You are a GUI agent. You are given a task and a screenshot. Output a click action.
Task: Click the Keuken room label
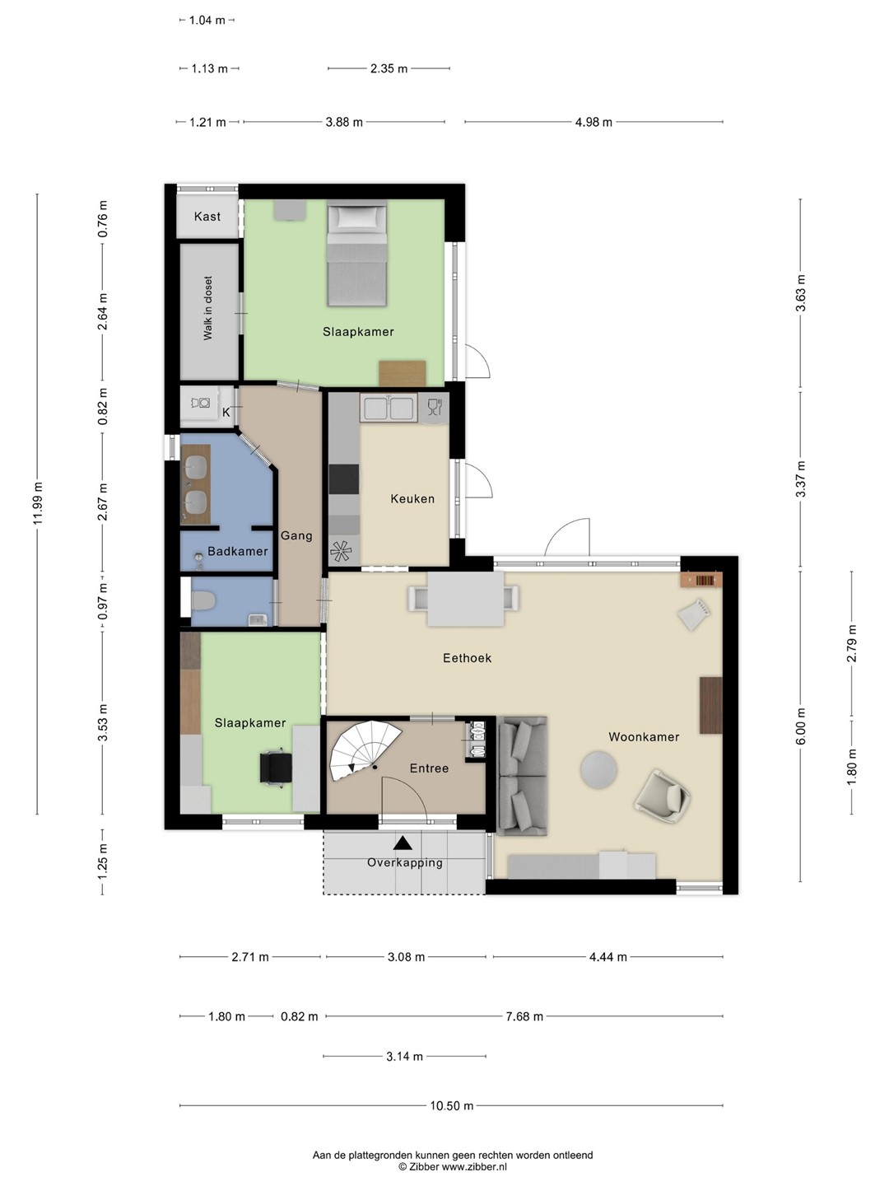point(412,499)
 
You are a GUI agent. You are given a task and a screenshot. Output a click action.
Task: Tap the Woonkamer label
point(644,737)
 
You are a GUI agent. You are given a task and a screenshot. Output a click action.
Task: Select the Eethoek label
point(467,658)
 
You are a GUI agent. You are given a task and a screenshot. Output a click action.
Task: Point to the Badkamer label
point(238,551)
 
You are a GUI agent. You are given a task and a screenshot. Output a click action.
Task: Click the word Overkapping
point(405,863)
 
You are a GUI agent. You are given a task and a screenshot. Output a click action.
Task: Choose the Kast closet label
point(207,217)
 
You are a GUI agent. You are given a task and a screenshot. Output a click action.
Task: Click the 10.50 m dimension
point(451,1106)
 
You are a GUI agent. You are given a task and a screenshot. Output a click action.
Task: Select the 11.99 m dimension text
point(37,503)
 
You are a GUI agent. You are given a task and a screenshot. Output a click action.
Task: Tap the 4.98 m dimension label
point(593,122)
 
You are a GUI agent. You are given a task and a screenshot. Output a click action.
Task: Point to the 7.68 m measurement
point(524,1016)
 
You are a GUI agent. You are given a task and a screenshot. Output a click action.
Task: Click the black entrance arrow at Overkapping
point(403,843)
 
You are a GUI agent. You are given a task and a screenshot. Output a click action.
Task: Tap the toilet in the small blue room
point(203,600)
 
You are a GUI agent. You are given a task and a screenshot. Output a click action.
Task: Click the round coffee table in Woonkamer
point(598,770)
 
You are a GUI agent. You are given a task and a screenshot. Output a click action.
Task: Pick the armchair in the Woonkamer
point(663,797)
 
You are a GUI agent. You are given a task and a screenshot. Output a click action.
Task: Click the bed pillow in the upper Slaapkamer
point(356,217)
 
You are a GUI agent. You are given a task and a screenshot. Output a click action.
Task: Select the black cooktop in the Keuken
point(344,479)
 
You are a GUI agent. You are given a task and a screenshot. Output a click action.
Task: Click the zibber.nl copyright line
point(453,1166)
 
